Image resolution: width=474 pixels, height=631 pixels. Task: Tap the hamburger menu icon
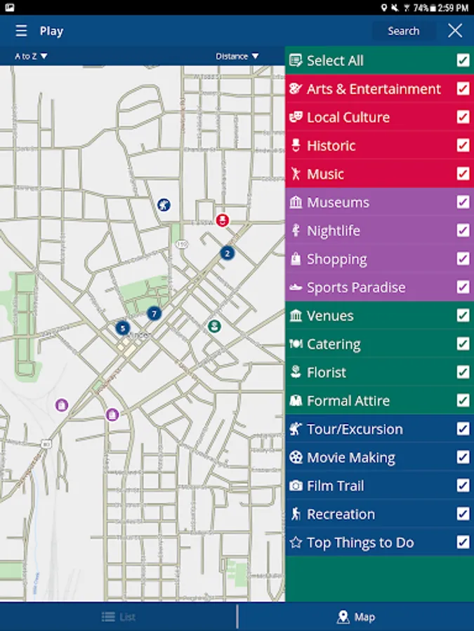tap(22, 31)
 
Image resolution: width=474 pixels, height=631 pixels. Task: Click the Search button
tap(403, 31)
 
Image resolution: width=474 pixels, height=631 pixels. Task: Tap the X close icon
tap(455, 30)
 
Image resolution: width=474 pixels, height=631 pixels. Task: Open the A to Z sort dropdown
tap(31, 56)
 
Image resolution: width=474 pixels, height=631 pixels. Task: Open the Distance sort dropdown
tap(237, 56)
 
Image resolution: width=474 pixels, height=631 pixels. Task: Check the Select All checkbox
tap(463, 60)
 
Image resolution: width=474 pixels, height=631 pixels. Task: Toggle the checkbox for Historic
tap(463, 145)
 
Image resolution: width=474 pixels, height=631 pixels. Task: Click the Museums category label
tap(338, 203)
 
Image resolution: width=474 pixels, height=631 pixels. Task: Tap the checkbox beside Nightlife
tap(463, 231)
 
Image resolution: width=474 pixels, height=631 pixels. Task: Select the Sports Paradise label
tap(356, 287)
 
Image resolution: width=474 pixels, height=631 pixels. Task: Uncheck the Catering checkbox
tap(463, 344)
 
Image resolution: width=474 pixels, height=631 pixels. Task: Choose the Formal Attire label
tap(348, 401)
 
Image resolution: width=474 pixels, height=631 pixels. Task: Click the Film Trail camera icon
tap(296, 486)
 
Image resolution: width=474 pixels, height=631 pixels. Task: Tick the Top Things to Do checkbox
tap(463, 542)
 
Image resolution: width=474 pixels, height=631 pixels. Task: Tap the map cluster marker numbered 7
tap(154, 313)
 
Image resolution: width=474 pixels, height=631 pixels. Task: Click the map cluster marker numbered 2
tap(227, 253)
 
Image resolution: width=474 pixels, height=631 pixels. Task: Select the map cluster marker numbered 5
tap(123, 327)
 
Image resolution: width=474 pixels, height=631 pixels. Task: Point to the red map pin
tap(222, 220)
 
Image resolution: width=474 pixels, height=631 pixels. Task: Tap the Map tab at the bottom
tap(356, 617)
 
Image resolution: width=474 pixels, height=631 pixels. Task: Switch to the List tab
tap(119, 617)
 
